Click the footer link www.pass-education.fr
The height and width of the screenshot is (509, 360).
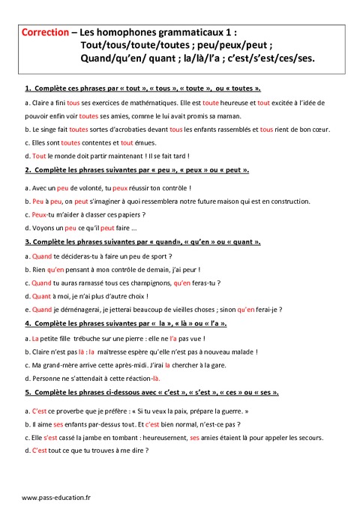tap(55, 497)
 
